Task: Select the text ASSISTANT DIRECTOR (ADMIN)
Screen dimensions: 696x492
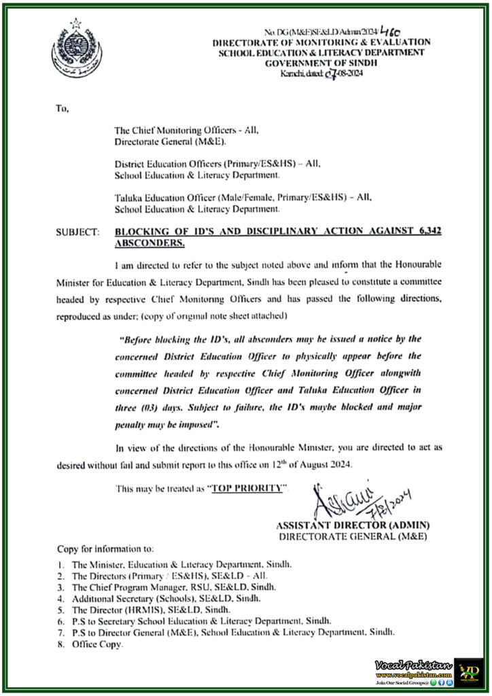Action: click(x=353, y=525)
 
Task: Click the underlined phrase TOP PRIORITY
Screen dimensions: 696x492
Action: click(x=246, y=488)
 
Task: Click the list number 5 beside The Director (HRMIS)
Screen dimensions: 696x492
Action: click(x=60, y=610)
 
